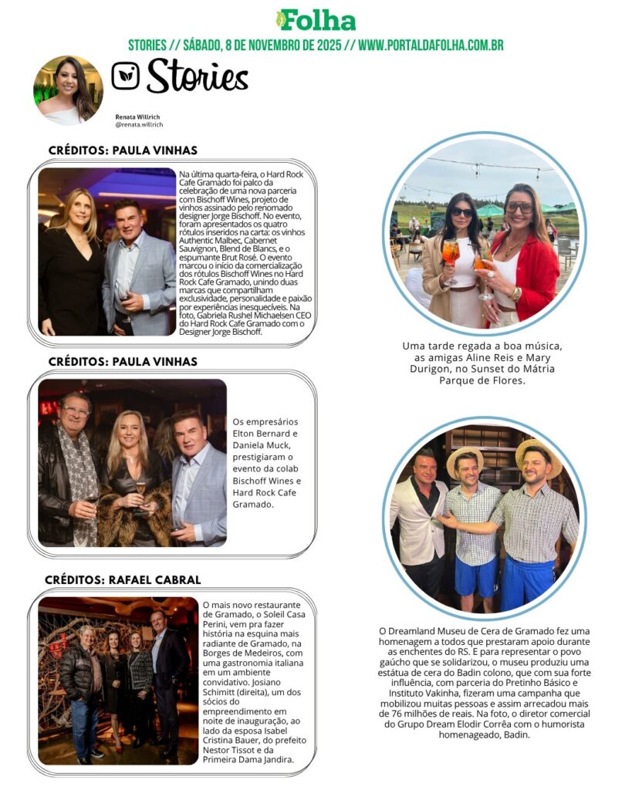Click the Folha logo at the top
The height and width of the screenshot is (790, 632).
pos(316,20)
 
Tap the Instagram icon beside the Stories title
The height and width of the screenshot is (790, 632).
pos(126,76)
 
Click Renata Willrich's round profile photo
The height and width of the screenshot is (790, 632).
pos(68,90)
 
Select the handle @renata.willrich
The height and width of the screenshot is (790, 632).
pos(139,124)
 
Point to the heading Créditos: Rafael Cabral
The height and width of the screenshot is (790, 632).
pos(123,580)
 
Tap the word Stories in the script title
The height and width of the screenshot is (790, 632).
pos(198,76)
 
